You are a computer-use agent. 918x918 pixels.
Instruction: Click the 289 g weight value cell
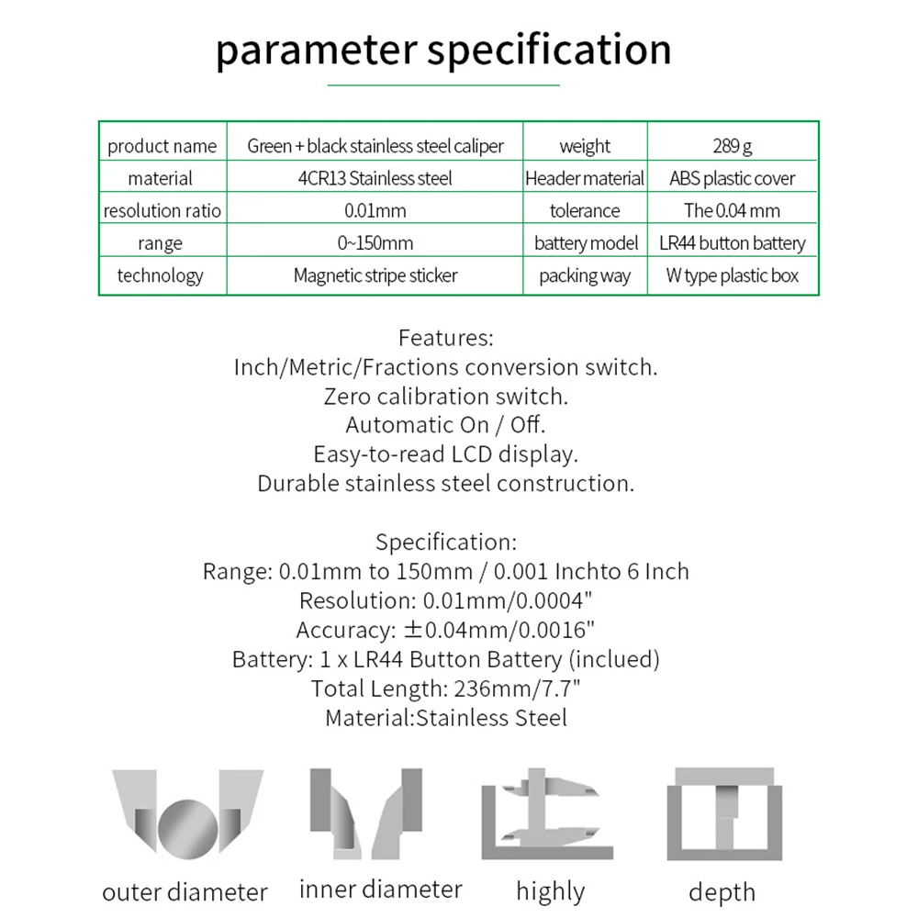tap(732, 146)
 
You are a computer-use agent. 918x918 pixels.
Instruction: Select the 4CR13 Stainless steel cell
tap(375, 178)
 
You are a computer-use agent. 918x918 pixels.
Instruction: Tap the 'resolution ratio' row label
tap(162, 210)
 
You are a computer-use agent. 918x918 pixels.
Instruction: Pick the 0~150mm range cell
tap(375, 243)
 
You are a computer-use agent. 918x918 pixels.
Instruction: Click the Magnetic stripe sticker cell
tap(375, 275)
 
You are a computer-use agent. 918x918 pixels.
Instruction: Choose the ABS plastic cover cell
tap(732, 178)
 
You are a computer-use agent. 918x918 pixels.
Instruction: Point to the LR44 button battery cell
tap(732, 243)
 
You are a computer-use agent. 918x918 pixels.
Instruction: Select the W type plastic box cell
tap(732, 275)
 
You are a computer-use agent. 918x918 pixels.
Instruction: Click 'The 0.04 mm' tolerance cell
tap(732, 210)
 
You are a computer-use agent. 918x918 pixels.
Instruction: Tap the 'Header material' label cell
tap(585, 178)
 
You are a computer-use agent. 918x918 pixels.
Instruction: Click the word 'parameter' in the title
tap(317, 50)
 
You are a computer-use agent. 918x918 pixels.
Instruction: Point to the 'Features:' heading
tap(446, 338)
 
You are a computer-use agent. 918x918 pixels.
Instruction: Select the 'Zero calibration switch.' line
tap(446, 397)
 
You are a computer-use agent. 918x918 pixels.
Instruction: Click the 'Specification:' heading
tap(446, 542)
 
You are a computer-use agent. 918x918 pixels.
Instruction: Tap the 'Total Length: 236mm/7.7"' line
tap(446, 688)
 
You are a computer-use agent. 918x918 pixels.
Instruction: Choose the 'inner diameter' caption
tap(380, 890)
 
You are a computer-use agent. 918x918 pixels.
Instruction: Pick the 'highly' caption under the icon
tap(550, 891)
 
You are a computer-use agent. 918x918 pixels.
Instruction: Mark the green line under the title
tap(443, 85)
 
